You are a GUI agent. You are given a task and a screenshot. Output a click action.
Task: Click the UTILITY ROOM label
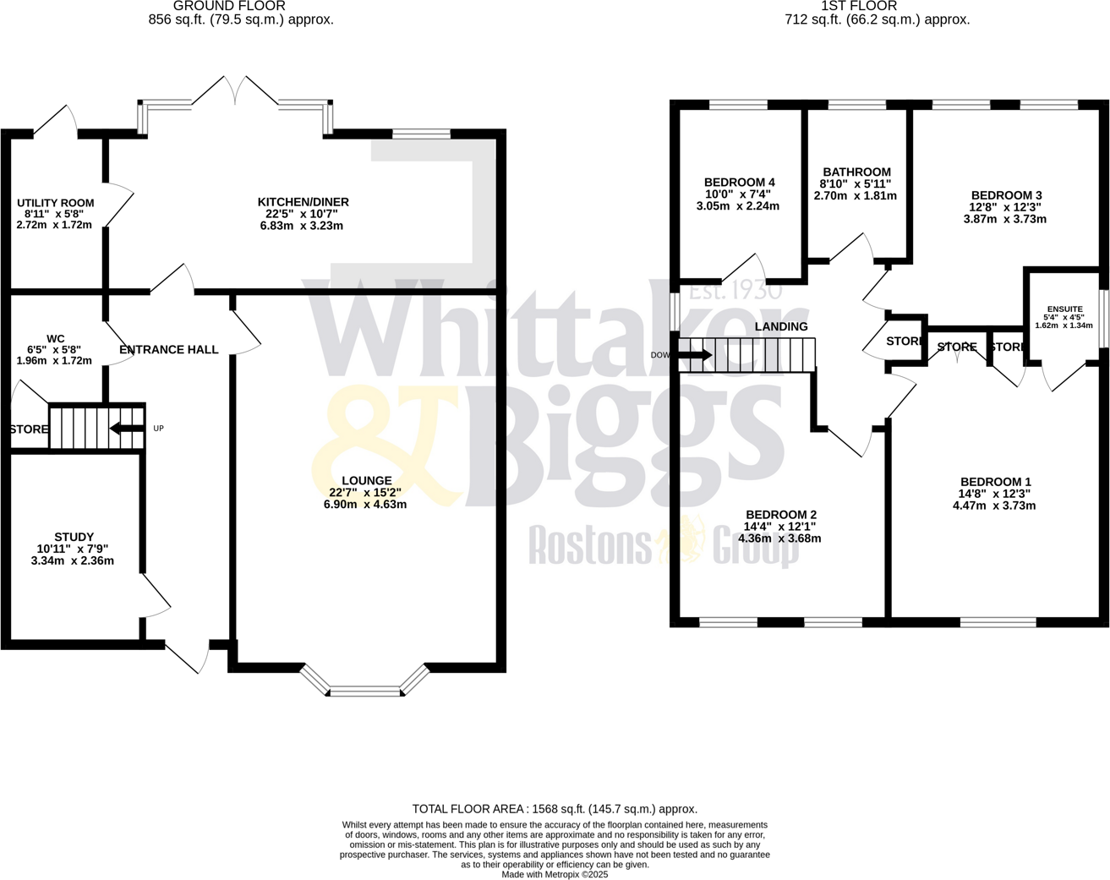point(55,203)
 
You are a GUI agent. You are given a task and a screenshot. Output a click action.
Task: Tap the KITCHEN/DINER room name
point(303,202)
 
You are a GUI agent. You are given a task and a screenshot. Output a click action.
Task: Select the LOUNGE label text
point(366,481)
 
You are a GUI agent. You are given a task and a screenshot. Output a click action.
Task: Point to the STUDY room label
point(74,537)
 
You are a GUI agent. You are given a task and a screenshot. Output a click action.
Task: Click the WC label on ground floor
point(56,339)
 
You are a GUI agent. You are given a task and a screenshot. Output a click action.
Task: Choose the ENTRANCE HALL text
point(168,349)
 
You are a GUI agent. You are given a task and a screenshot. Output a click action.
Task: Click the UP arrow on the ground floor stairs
point(127,429)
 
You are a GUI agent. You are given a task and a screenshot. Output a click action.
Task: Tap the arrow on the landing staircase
point(695,355)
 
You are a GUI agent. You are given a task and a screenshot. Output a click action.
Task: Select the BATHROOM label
point(856,172)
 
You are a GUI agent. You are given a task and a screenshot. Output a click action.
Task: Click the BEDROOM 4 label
point(739,183)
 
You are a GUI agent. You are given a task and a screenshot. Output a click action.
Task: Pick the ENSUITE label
point(1064,309)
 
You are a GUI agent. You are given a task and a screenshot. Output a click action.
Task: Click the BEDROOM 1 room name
point(994,482)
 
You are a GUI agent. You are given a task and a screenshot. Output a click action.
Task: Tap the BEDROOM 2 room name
point(780,515)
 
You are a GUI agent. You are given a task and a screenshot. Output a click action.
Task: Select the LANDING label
point(780,326)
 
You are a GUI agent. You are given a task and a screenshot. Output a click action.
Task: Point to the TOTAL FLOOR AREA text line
point(555,809)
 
